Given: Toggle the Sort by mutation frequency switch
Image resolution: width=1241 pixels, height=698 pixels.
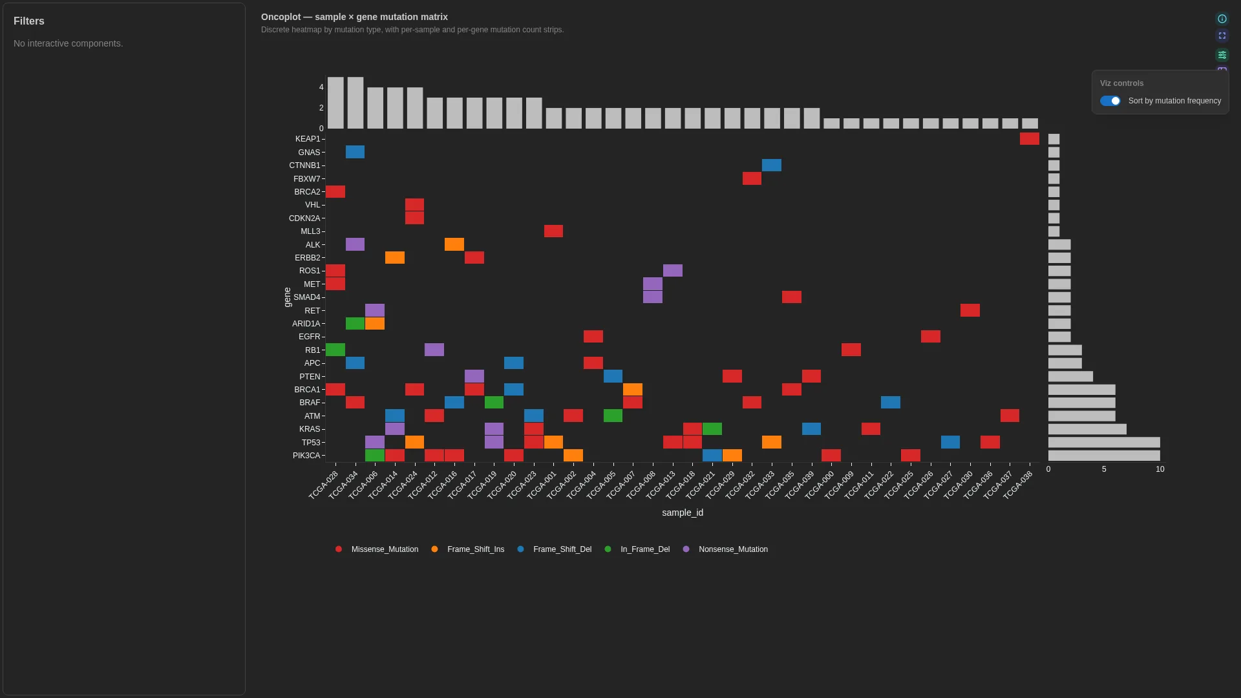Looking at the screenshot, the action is pos(1110,101).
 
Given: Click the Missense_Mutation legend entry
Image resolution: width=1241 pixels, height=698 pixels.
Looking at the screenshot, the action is pos(377,549).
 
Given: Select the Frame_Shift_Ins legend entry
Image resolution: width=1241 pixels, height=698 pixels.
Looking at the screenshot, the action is pos(467,549).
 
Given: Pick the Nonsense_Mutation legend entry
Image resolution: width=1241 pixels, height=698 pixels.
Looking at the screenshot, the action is pos(725,549).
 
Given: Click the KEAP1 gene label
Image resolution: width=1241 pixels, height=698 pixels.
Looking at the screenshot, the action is pos(308,139).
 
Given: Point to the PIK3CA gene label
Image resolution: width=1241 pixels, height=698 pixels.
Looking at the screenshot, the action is pos(306,456).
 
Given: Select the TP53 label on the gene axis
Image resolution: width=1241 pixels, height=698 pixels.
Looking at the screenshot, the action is pos(311,443).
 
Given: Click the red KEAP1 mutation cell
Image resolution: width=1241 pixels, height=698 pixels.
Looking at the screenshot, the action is pos(1030,139).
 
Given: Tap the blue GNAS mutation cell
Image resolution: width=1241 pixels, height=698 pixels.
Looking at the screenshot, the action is pos(355,152).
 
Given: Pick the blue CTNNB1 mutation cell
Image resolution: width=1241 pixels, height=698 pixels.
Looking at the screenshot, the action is pos(772,165).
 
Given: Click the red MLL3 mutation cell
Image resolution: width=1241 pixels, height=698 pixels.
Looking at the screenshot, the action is pos(553,231).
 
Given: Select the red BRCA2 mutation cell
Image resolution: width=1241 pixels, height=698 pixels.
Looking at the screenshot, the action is pos(335,192).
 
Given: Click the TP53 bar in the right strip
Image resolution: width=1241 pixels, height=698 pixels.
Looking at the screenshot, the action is pos(1104,443).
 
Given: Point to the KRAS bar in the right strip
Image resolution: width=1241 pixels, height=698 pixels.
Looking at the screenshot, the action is pos(1087,429).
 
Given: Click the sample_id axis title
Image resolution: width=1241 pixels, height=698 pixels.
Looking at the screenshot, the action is pos(683,513).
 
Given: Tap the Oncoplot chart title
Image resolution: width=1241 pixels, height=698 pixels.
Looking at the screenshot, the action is pos(354,17).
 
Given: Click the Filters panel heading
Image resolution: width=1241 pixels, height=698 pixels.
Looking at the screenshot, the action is pos(29,21).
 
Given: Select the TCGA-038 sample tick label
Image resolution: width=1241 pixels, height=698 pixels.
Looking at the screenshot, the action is pos(1018,485).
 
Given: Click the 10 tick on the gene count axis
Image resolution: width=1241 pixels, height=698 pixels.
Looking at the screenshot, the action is pos(1160,469).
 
